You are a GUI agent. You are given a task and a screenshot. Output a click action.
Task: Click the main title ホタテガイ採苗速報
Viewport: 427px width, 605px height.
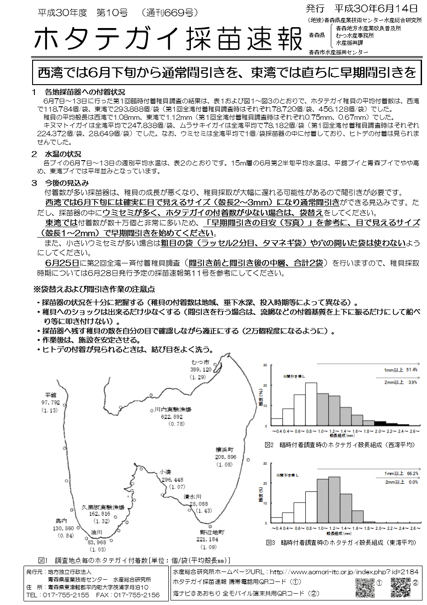(167, 40)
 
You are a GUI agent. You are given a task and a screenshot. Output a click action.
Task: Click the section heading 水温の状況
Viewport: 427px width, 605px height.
(63, 154)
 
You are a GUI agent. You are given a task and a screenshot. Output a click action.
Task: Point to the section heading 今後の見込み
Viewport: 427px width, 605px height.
(66, 183)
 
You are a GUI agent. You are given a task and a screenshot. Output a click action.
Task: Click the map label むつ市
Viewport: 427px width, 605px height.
(200, 362)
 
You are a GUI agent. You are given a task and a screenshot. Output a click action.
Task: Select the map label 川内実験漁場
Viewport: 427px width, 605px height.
(173, 410)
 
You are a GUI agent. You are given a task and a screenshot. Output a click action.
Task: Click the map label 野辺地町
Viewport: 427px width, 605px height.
(211, 532)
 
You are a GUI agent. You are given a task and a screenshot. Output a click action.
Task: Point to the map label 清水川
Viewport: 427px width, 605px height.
(192, 496)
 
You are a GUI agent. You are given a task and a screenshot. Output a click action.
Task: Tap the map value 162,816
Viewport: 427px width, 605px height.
(100, 514)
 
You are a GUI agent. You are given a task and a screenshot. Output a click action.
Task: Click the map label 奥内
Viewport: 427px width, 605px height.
(61, 521)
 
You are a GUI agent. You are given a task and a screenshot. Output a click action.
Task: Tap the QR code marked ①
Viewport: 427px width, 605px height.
(365, 587)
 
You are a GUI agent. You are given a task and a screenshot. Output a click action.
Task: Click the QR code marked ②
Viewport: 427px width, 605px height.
(400, 587)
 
